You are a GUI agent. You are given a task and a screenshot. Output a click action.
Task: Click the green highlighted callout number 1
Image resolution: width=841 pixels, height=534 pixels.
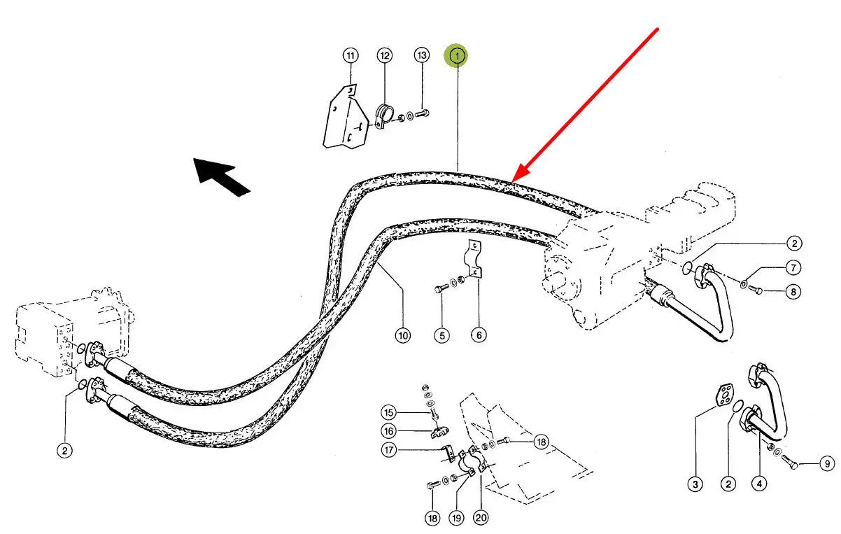click(457, 55)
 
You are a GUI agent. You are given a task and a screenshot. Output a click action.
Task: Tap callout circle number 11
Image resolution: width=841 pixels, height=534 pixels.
click(350, 55)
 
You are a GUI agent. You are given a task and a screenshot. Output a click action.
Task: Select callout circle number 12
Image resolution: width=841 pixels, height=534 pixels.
click(385, 55)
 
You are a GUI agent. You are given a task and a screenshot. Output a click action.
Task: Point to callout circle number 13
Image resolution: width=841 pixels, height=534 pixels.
click(421, 55)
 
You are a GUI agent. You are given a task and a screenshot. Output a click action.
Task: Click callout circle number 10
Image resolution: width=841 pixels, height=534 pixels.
click(402, 336)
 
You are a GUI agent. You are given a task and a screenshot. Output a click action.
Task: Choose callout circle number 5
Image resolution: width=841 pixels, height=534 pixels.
click(441, 336)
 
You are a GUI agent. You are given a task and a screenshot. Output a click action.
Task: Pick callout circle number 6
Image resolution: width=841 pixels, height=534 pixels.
click(479, 336)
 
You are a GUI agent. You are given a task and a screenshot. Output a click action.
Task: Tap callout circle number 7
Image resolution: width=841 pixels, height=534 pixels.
click(792, 267)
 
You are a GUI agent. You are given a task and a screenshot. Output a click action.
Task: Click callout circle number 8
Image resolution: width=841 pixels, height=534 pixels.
click(792, 291)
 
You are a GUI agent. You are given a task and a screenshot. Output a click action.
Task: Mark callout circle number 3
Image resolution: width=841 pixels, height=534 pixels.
click(695, 484)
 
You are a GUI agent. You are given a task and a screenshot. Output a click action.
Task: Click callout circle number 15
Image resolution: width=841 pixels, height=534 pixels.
click(389, 412)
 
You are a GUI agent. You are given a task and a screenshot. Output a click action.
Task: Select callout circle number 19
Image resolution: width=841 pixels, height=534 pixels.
click(456, 519)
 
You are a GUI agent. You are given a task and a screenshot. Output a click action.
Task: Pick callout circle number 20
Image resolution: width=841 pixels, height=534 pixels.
click(481, 519)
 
